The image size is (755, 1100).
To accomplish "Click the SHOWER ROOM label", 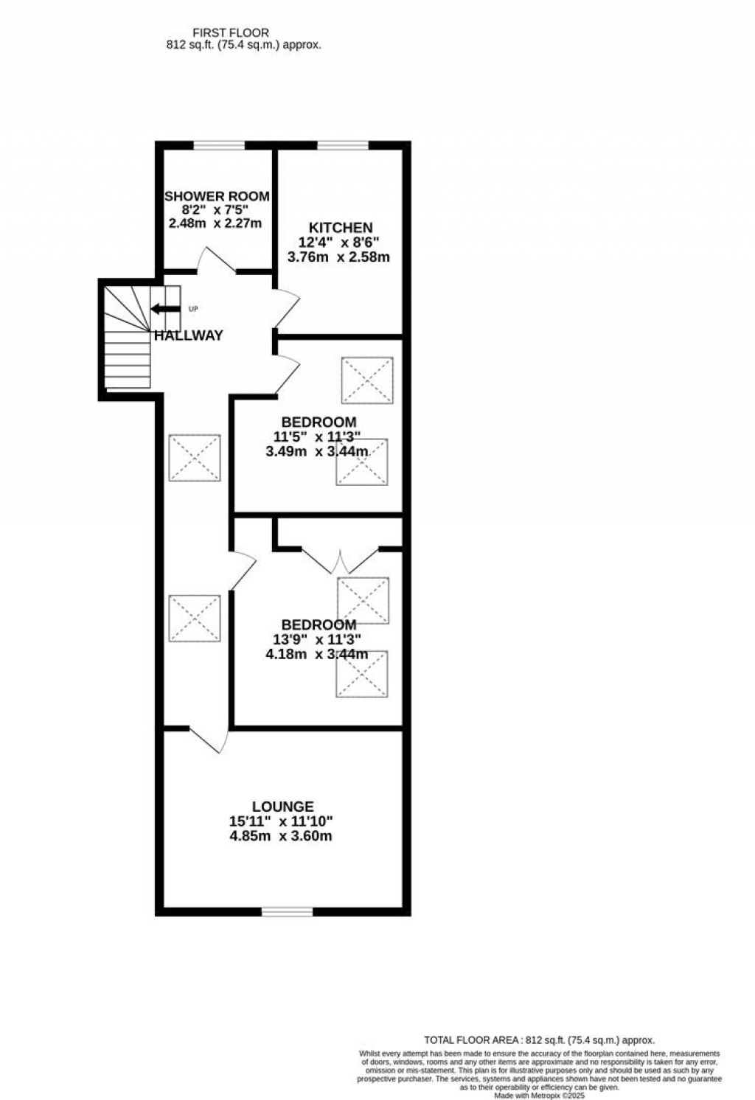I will (x=216, y=196).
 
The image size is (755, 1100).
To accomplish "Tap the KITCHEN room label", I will (x=340, y=228).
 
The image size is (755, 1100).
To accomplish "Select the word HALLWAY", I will (x=189, y=335).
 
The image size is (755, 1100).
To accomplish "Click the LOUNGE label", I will (x=282, y=807).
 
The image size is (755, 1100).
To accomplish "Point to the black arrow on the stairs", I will (x=165, y=309).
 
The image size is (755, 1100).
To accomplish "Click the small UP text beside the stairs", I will (x=193, y=308).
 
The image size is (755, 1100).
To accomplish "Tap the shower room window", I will (x=219, y=145).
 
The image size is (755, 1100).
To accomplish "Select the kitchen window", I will (x=343, y=145).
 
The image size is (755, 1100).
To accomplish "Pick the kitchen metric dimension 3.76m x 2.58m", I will (x=338, y=257).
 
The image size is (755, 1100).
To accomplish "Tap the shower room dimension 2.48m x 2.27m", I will (x=215, y=223).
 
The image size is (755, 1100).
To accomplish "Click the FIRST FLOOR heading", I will (x=231, y=32).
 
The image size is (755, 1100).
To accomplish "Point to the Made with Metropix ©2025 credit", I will (x=539, y=1096).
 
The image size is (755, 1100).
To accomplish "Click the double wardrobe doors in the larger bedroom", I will (x=340, y=561).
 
